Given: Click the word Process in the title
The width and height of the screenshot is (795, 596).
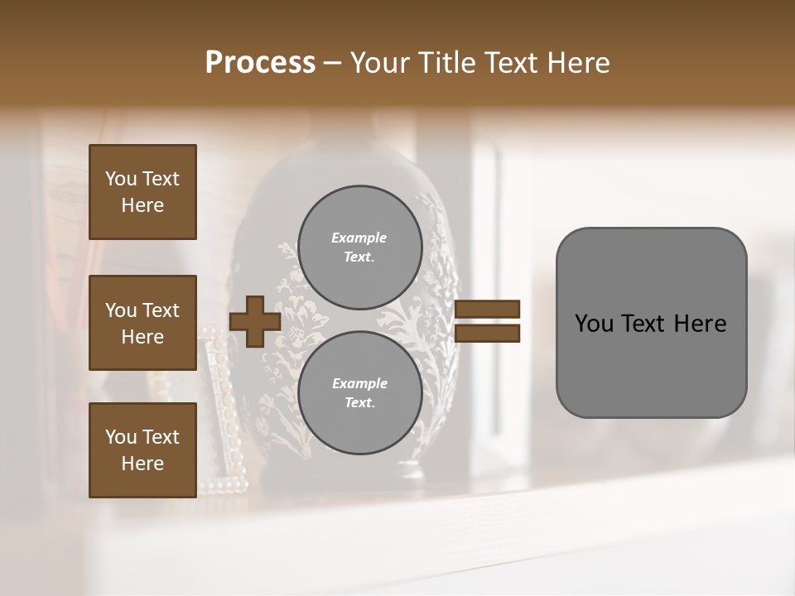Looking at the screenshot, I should coord(260,63).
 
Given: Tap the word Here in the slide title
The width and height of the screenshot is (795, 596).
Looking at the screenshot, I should coord(574,63).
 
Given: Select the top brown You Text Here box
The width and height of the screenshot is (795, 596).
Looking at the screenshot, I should coord(142,192).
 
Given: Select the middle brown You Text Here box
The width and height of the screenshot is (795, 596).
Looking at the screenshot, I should coord(142,323).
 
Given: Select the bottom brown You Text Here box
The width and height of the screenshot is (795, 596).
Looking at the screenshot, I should coord(142,449).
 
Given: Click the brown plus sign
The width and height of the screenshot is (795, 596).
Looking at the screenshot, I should coord(255,321).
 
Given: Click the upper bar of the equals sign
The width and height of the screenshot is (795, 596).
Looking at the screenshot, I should coord(487,310).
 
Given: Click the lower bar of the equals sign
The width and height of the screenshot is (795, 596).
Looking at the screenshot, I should coord(487,334).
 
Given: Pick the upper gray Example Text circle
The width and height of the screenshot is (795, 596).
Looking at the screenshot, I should coord(359,248).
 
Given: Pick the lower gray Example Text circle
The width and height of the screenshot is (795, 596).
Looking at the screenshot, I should coord(359,393).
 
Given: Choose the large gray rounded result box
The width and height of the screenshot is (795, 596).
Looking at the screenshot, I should coord(651,323).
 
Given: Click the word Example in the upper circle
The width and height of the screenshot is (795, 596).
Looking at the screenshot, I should coord(359,238).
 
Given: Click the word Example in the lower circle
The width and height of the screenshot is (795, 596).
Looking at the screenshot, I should coord(359,383).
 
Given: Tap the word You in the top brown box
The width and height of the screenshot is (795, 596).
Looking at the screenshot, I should coord(121,179).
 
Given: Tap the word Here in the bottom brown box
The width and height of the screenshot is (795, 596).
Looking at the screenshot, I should coord(142,464).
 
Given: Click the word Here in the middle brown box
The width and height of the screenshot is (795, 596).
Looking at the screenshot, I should coord(142,337).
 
